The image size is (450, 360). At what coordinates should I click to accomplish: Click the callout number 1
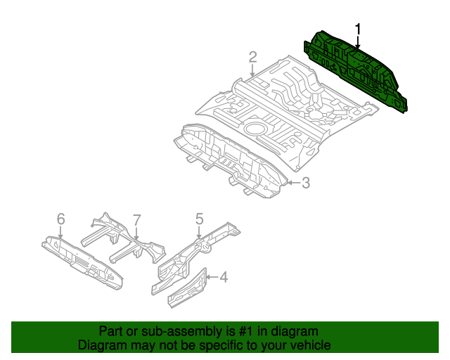pos(358,30)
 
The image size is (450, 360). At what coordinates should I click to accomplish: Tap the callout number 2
pos(252,57)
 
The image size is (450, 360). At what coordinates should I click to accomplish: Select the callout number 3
pos(306,183)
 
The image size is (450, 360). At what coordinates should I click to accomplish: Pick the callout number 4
pos(223,278)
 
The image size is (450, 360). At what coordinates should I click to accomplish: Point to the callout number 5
pos(199,219)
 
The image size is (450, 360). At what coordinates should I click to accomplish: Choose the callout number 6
pos(60,220)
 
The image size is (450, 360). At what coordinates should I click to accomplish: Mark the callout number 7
pos(137,220)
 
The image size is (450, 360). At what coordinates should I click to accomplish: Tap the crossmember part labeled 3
pos(232,158)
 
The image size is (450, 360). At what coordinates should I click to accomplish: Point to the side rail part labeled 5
pos(197,250)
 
